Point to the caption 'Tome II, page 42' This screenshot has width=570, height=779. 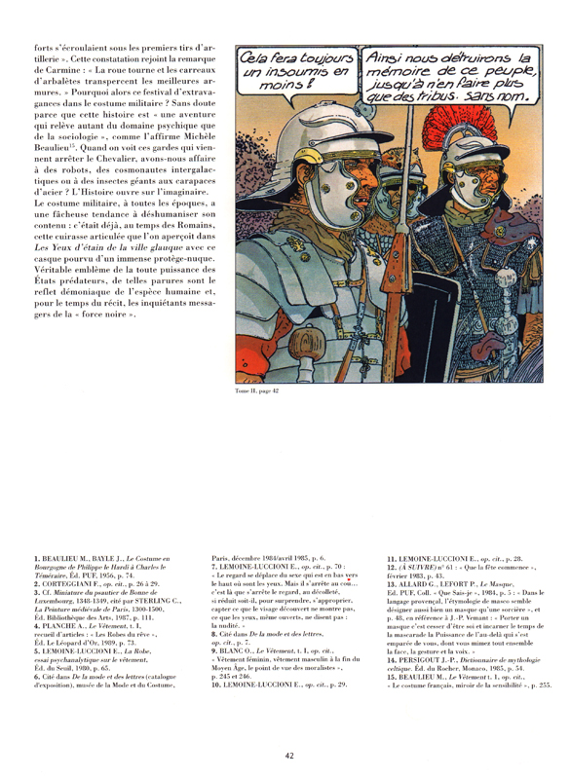(263, 390)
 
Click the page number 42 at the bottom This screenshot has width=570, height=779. (289, 755)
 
